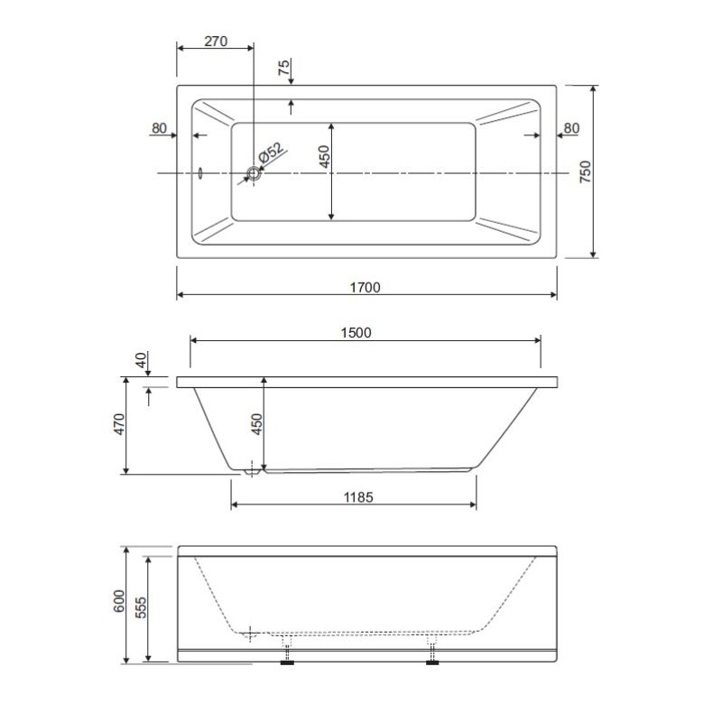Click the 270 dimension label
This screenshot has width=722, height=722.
(x=216, y=42)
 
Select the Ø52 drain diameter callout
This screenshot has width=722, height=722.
(x=270, y=152)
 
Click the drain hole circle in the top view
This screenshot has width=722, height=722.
(x=254, y=173)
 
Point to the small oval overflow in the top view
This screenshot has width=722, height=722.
(x=200, y=173)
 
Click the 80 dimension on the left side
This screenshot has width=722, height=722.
(x=159, y=128)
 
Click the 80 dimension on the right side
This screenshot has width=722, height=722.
(x=571, y=128)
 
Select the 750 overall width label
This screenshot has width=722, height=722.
(x=585, y=171)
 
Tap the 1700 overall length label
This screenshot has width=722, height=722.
(x=366, y=288)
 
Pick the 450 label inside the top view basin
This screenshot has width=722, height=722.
(x=324, y=156)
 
